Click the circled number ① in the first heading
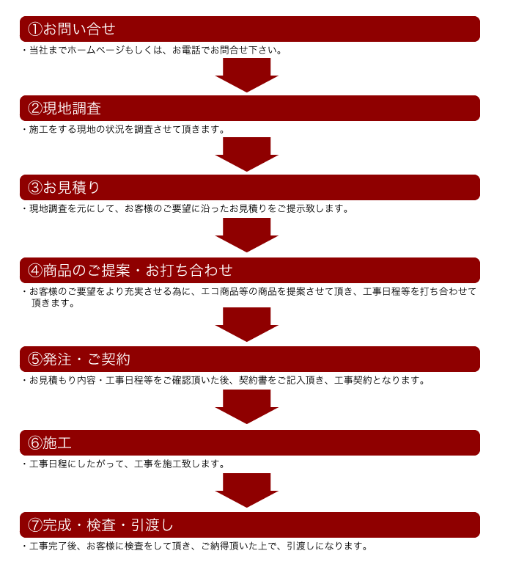coord(35,29)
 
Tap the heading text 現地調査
coord(72,109)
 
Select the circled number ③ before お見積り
coord(35,188)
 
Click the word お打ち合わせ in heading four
coord(189,271)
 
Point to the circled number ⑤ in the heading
coord(35,359)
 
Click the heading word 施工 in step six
coord(57,443)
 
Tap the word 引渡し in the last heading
coord(152,525)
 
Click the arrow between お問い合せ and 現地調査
coord(247,75)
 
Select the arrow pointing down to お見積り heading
coord(247,154)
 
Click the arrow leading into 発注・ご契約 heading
coord(247,324)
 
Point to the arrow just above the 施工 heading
coord(247,406)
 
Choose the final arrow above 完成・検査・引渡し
coord(247,490)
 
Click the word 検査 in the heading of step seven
coord(101,525)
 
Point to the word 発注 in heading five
coord(57,359)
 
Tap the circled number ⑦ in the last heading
coord(35,525)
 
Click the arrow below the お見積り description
coord(247,235)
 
